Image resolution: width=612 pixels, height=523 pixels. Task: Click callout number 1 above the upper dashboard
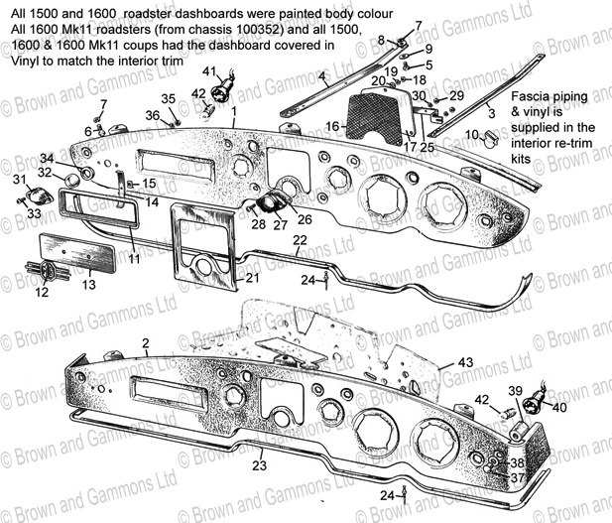[x=234, y=111]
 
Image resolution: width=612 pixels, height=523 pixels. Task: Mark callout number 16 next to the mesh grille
[x=334, y=126]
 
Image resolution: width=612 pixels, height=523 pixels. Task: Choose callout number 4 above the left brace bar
[x=322, y=75]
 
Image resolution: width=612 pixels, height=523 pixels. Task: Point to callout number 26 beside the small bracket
[x=305, y=219]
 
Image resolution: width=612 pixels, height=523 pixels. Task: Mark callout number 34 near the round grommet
[x=48, y=159]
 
